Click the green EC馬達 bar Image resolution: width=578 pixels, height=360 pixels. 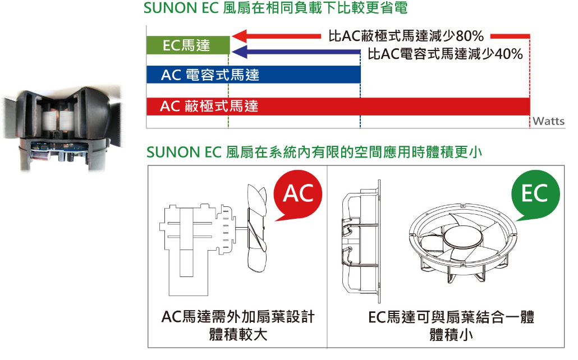[x=188, y=45]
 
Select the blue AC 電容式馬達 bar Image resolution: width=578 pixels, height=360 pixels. [x=253, y=75]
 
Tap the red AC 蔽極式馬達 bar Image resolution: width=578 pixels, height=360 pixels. [x=338, y=107]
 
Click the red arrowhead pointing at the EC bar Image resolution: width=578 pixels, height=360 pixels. [x=239, y=36]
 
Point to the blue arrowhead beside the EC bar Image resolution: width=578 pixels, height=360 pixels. [x=240, y=52]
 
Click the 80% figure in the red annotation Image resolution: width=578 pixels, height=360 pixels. [x=470, y=36]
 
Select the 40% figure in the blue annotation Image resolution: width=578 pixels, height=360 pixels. [x=509, y=54]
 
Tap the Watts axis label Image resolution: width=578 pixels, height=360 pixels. [x=548, y=121]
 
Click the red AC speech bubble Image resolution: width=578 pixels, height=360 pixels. [x=297, y=195]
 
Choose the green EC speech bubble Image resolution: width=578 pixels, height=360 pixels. [x=535, y=195]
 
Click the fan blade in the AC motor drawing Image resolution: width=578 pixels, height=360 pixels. [x=256, y=228]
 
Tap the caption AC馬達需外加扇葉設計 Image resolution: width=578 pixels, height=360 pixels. [x=238, y=317]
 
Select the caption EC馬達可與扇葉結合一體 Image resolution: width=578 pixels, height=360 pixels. [x=451, y=317]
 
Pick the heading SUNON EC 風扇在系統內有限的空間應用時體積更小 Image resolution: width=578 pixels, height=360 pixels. [x=314, y=152]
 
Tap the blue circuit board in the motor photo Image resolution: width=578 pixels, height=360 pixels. [x=59, y=147]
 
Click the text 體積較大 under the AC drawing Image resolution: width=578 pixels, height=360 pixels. [x=238, y=335]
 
